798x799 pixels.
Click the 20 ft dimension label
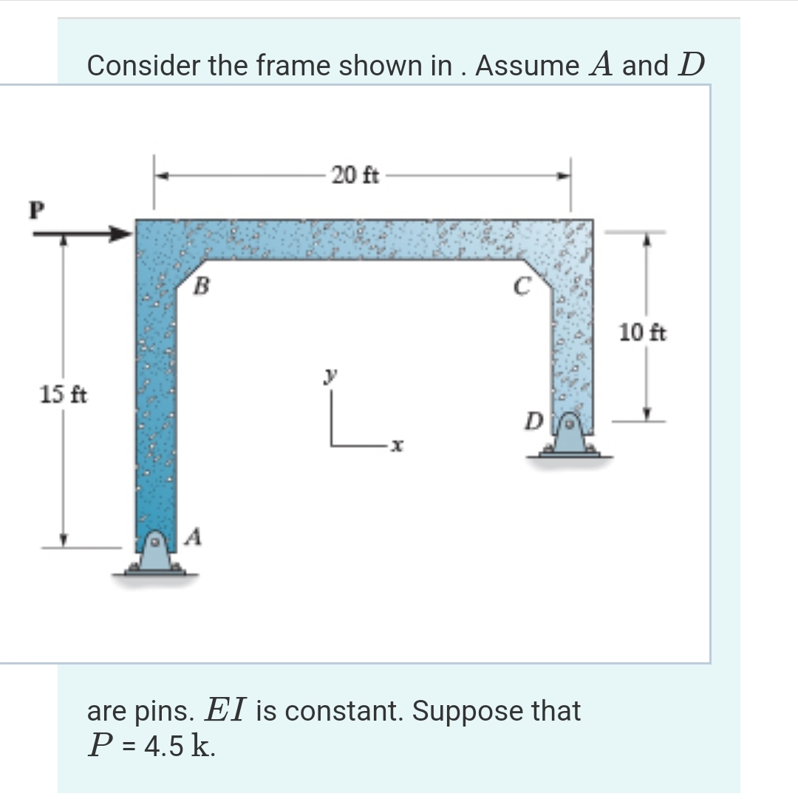[355, 176]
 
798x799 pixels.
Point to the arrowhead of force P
[121, 234]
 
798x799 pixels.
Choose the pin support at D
[570, 438]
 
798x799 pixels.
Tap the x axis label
[397, 446]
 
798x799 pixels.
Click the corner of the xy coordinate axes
[332, 444]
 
